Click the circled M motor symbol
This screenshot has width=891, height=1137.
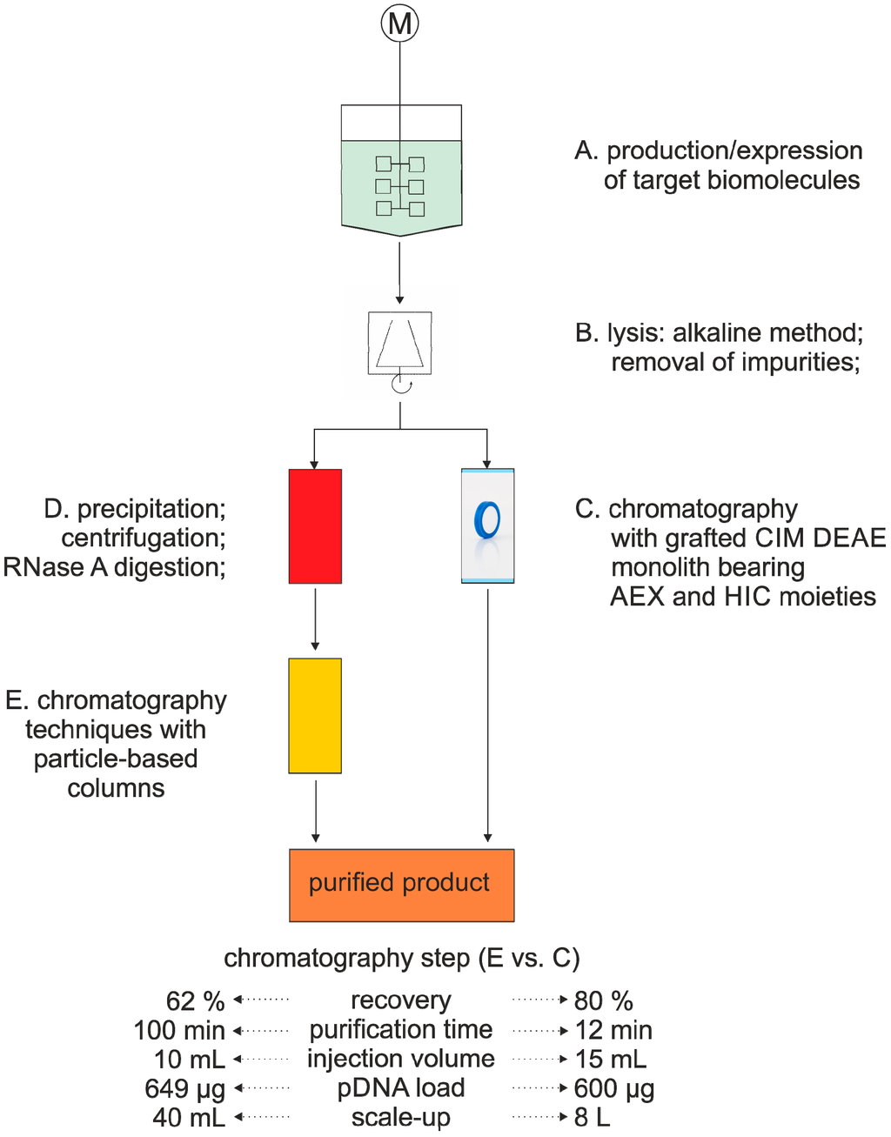(399, 23)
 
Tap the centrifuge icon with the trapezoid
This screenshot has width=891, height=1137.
(400, 343)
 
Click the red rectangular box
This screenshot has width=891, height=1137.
(315, 525)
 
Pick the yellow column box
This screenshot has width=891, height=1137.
(315, 715)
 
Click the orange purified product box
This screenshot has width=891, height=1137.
(401, 884)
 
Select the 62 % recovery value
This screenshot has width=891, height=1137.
(195, 1001)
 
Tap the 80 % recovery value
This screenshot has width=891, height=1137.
(603, 1001)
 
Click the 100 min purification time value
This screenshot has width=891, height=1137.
(178, 1031)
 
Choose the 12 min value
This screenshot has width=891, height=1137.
(613, 1031)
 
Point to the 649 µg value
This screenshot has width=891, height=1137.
(184, 1089)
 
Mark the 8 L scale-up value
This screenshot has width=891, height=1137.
(592, 1118)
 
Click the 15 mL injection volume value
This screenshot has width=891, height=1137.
(610, 1060)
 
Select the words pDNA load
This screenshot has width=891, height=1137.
(400, 1088)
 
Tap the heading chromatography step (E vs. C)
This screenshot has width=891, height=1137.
(401, 958)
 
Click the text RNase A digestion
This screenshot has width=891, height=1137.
(113, 567)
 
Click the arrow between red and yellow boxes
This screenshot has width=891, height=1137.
(315, 618)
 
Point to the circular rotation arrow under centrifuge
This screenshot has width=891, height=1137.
(401, 385)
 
